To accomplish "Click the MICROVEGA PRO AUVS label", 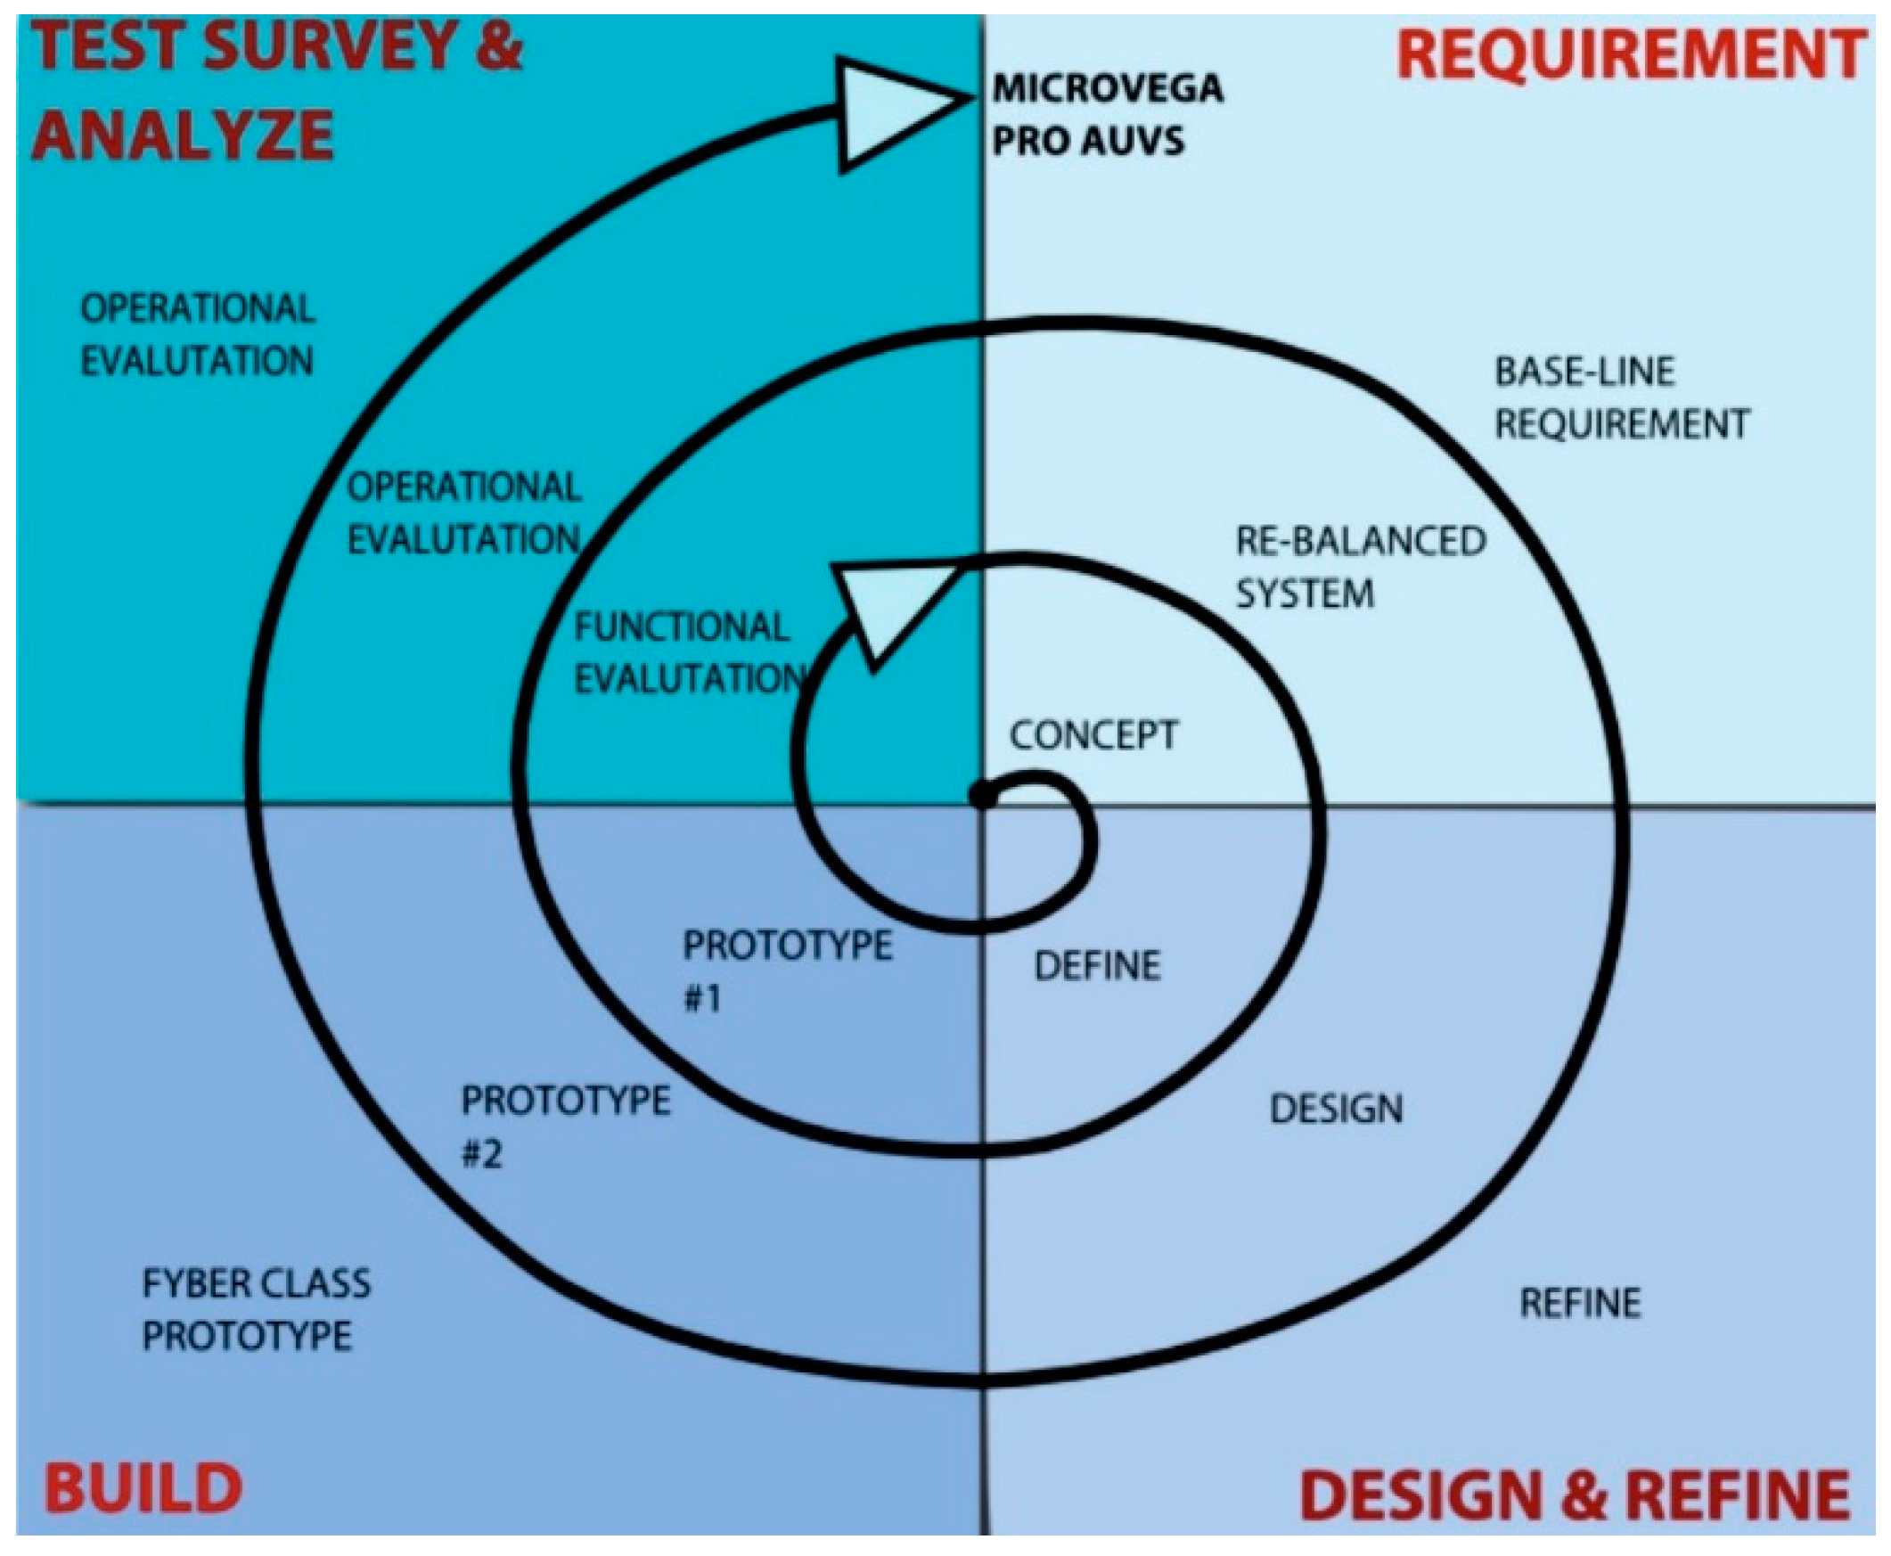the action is (1106, 114).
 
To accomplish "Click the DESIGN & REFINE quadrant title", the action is (1575, 1495).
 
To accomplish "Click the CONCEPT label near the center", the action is (1093, 735).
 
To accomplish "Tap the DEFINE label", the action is (1097, 966).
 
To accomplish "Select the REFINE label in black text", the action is (1580, 1303).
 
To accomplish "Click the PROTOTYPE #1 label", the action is (787, 971).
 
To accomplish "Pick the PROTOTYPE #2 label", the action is (565, 1126).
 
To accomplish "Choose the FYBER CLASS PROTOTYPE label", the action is (256, 1309).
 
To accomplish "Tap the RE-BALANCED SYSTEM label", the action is (1360, 568).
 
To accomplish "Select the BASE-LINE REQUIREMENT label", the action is (1620, 397).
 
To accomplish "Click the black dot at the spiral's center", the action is (983, 795).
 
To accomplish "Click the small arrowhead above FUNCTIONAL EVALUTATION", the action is (888, 605).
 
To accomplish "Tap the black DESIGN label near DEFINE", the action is (1335, 1110).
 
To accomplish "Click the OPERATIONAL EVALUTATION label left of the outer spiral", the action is (197, 335).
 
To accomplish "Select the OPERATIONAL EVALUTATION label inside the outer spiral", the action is (464, 513).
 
